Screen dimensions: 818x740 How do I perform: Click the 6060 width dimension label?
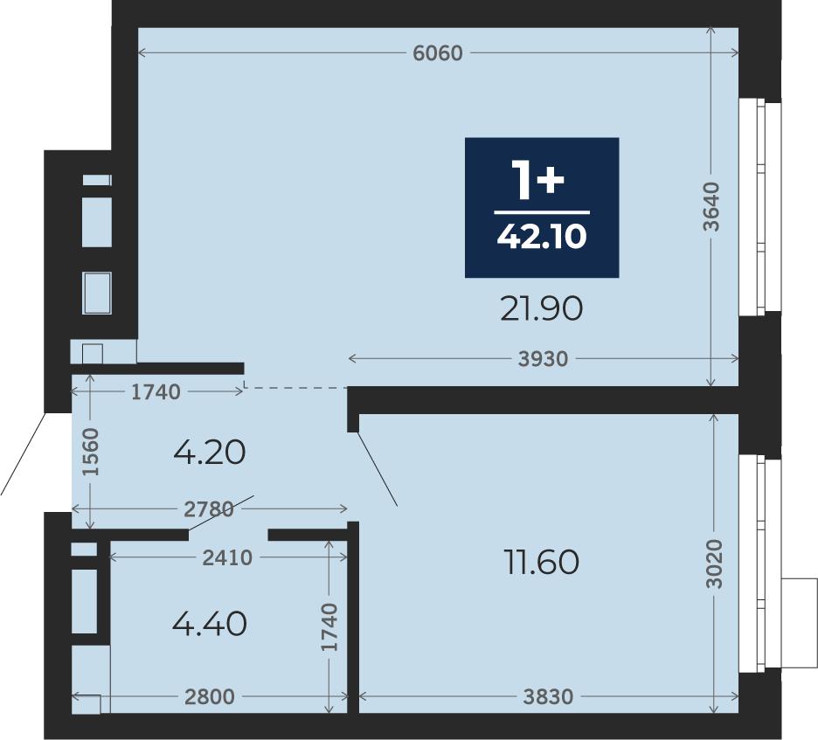438,53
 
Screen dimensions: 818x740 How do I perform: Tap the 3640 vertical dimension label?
711,206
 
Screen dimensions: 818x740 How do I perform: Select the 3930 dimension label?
543,359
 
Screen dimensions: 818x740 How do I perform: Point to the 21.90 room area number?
541,308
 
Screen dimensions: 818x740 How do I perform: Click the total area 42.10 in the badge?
542,236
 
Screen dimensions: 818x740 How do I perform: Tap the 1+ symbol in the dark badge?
537,179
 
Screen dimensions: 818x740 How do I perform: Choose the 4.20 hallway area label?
209,453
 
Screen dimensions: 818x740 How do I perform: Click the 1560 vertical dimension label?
91,452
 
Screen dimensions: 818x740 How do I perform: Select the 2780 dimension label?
209,509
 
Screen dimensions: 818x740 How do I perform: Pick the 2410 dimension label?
227,558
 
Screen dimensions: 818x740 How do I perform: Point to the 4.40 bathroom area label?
209,624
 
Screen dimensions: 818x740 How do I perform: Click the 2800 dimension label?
210,696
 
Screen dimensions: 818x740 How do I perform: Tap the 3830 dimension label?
548,696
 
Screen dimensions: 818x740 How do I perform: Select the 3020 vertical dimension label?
715,564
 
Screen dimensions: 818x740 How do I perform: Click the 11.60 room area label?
542,562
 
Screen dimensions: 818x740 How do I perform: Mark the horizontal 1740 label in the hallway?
156,392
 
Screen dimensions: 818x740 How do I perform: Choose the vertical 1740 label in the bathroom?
329,627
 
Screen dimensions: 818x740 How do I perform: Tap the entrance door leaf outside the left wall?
24,453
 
